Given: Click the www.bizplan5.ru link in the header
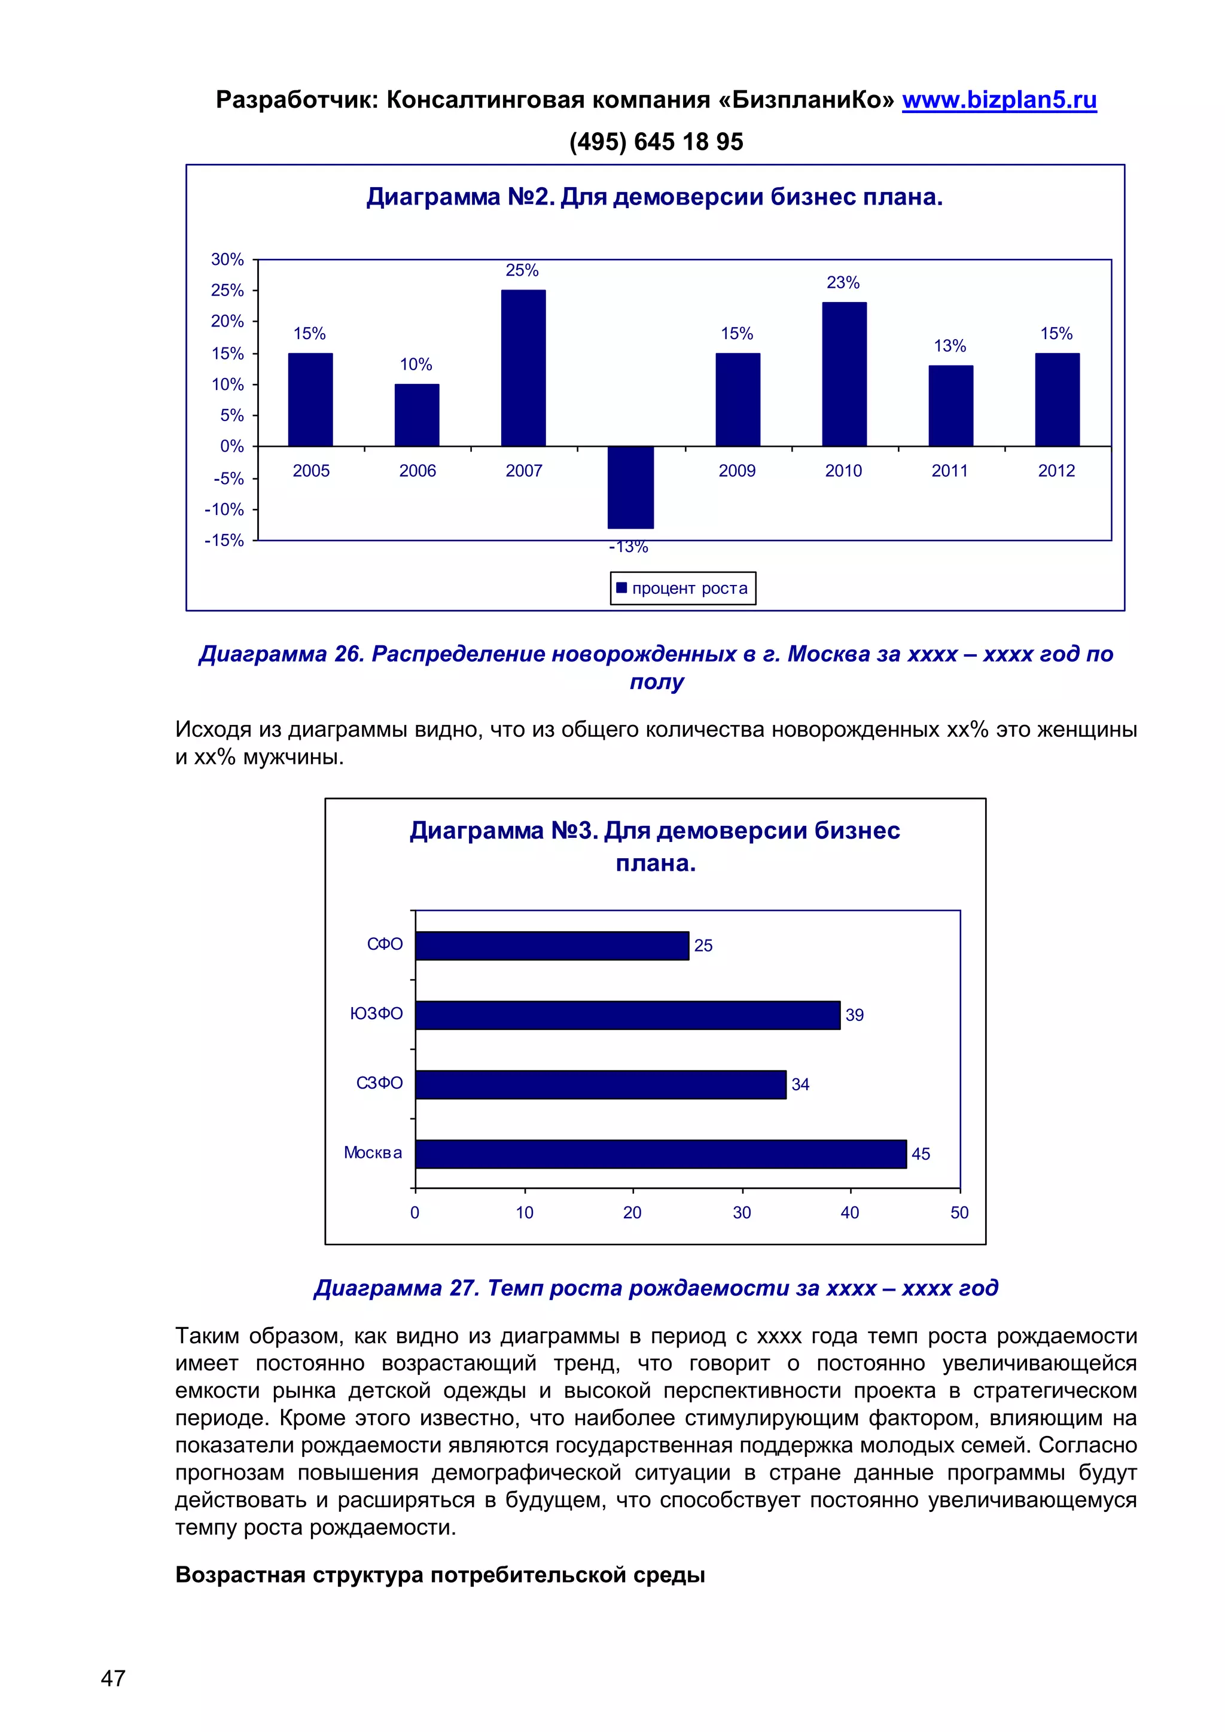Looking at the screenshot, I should point(999,100).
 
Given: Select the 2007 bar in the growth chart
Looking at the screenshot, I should point(523,368).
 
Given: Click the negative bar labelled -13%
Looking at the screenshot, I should point(630,487).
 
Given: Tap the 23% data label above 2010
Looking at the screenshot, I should point(843,283).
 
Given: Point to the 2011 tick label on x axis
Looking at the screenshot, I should point(950,471).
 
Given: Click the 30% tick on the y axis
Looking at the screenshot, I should point(227,260).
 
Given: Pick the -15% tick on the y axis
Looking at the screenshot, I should point(224,540).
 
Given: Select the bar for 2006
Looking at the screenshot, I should point(416,415).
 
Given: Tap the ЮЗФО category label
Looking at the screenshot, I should point(376,1014).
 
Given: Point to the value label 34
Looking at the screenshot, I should point(800,1085).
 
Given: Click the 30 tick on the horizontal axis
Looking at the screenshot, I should point(742,1212).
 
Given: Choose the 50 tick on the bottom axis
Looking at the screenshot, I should point(959,1212).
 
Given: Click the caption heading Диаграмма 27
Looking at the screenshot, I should point(656,1288).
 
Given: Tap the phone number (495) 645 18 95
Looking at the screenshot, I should point(656,142).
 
